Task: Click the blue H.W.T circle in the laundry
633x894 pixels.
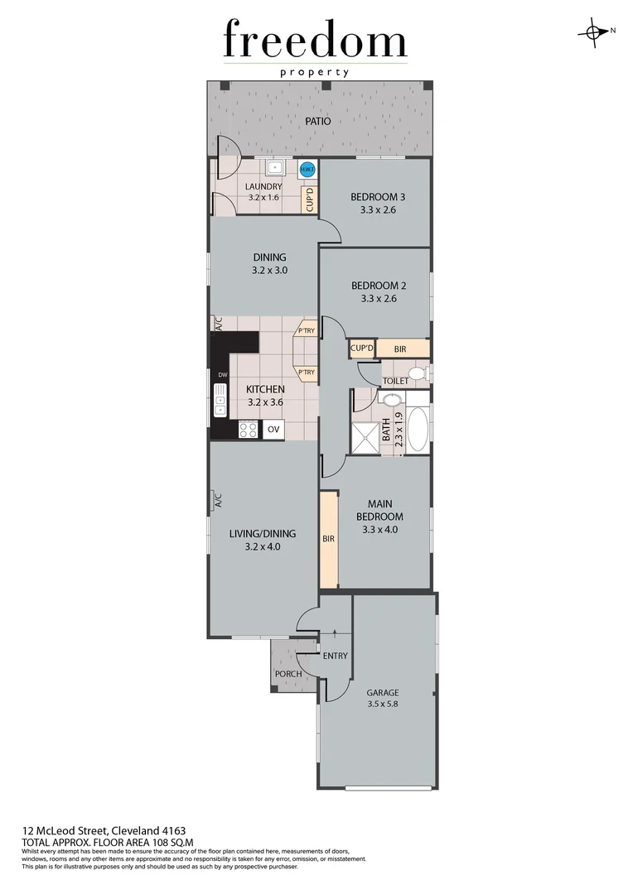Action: click(x=307, y=171)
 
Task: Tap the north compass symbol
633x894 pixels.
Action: click(x=594, y=31)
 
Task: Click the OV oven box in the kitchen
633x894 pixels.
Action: click(x=274, y=430)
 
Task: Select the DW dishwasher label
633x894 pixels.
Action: click(x=222, y=376)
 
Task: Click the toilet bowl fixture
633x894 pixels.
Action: click(x=417, y=374)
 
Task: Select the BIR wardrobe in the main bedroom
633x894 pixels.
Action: click(x=328, y=539)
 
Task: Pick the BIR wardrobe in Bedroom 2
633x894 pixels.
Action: click(x=401, y=349)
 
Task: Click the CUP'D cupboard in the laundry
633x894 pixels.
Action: click(x=310, y=199)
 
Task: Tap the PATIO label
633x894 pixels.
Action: click(x=317, y=121)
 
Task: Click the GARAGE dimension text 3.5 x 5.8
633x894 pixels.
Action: click(x=382, y=705)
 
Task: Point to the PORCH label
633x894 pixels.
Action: click(x=288, y=674)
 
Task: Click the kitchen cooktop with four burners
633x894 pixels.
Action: click(x=248, y=430)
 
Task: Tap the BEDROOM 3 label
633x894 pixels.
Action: click(x=378, y=197)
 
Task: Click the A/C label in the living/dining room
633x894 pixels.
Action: click(x=218, y=500)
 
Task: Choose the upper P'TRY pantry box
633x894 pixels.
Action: click(x=306, y=332)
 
